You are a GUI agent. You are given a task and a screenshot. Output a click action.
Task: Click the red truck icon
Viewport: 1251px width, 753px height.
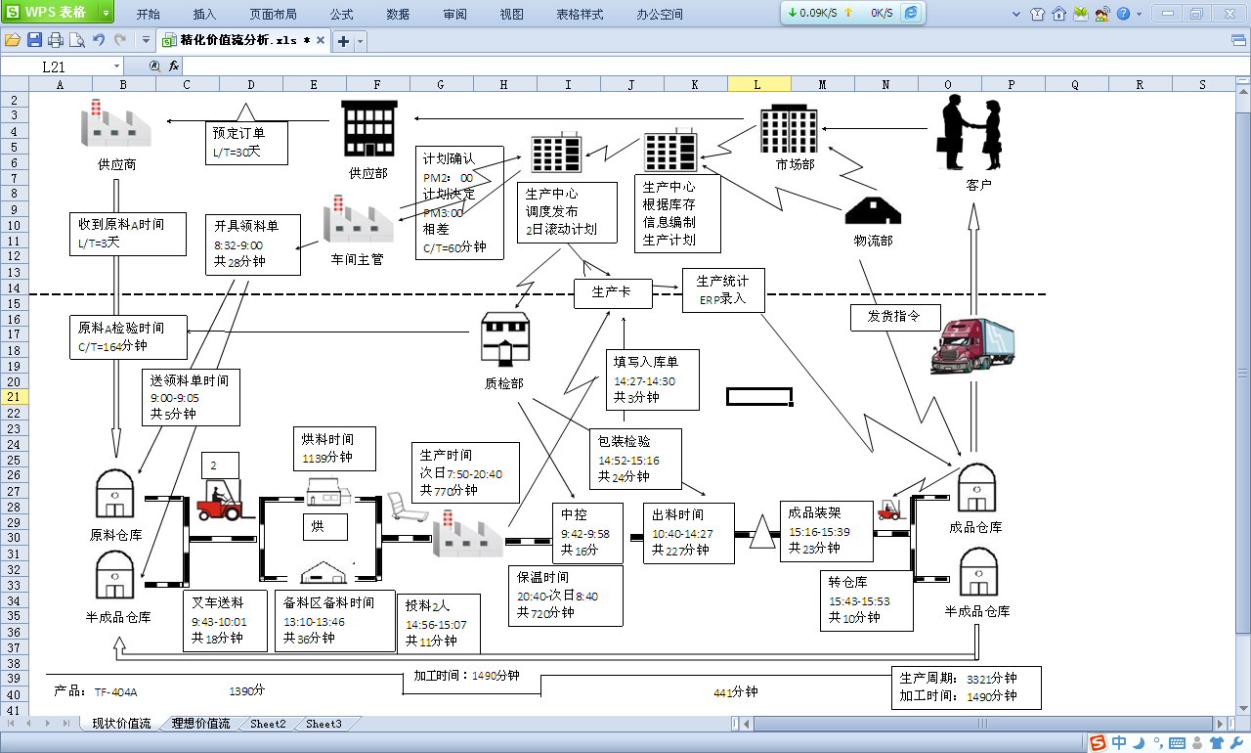[x=971, y=346]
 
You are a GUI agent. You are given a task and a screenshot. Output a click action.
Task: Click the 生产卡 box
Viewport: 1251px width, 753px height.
[x=613, y=292]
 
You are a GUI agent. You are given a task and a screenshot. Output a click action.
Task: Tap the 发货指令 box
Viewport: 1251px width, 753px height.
[x=893, y=317]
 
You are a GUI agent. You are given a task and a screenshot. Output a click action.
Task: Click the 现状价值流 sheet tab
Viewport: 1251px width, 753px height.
[x=121, y=724]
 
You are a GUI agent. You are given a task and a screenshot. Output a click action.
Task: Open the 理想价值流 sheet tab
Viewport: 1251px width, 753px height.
[x=200, y=724]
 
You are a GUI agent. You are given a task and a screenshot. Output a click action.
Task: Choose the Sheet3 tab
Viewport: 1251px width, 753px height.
[x=324, y=724]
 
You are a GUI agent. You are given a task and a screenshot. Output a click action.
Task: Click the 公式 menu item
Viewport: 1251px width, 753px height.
[x=341, y=15]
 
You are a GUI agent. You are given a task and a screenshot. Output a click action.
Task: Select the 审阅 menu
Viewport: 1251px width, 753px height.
[x=454, y=15]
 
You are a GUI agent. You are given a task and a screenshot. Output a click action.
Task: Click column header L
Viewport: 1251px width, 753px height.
[x=758, y=84]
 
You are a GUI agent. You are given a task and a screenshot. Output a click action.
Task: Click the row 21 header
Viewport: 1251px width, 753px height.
[x=14, y=397]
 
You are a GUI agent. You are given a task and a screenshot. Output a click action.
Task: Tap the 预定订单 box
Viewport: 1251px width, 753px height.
[x=247, y=142]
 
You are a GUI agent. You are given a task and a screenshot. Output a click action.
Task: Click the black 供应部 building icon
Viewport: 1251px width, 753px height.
[x=368, y=128]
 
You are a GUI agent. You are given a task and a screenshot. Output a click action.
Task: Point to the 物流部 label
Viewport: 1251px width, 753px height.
[x=873, y=241]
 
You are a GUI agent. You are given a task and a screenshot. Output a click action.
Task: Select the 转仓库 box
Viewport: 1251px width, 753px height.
[x=866, y=599]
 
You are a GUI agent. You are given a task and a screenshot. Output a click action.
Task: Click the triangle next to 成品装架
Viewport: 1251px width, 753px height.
[x=762, y=534]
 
